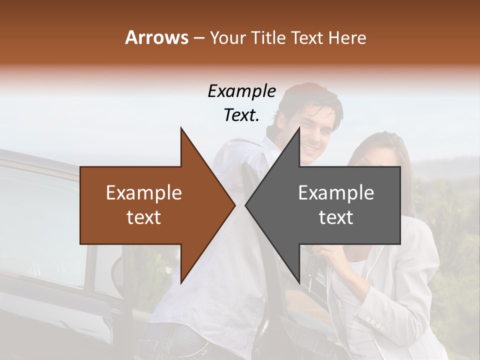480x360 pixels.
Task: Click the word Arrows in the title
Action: tap(156, 37)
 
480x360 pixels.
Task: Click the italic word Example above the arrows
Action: tap(241, 91)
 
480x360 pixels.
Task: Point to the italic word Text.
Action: tap(241, 115)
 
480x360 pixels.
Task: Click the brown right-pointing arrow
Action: tap(150, 205)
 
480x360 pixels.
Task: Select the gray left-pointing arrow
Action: tap(340, 205)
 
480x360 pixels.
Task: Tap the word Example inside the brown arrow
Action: tap(144, 193)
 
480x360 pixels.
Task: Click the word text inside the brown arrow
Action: tap(144, 217)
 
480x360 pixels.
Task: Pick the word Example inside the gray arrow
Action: tap(336, 193)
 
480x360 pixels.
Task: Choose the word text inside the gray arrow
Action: tap(336, 217)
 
